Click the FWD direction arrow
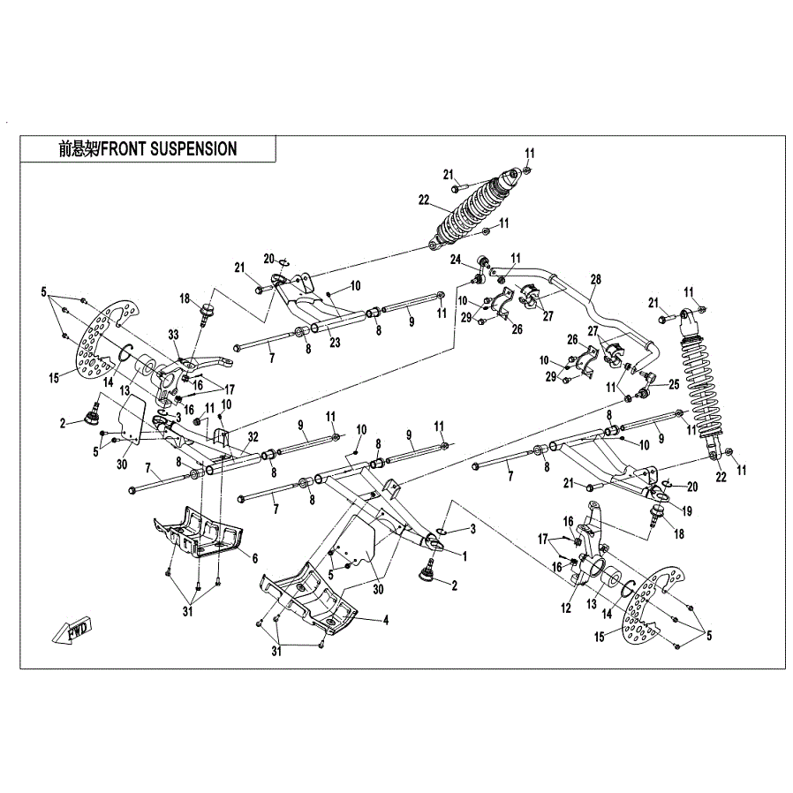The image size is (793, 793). [x=72, y=631]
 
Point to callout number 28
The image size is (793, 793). [x=595, y=280]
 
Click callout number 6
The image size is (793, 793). [x=254, y=558]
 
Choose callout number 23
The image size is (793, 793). [x=334, y=342]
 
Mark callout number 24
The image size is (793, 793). [x=456, y=260]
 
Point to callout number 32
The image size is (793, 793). [x=253, y=435]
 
